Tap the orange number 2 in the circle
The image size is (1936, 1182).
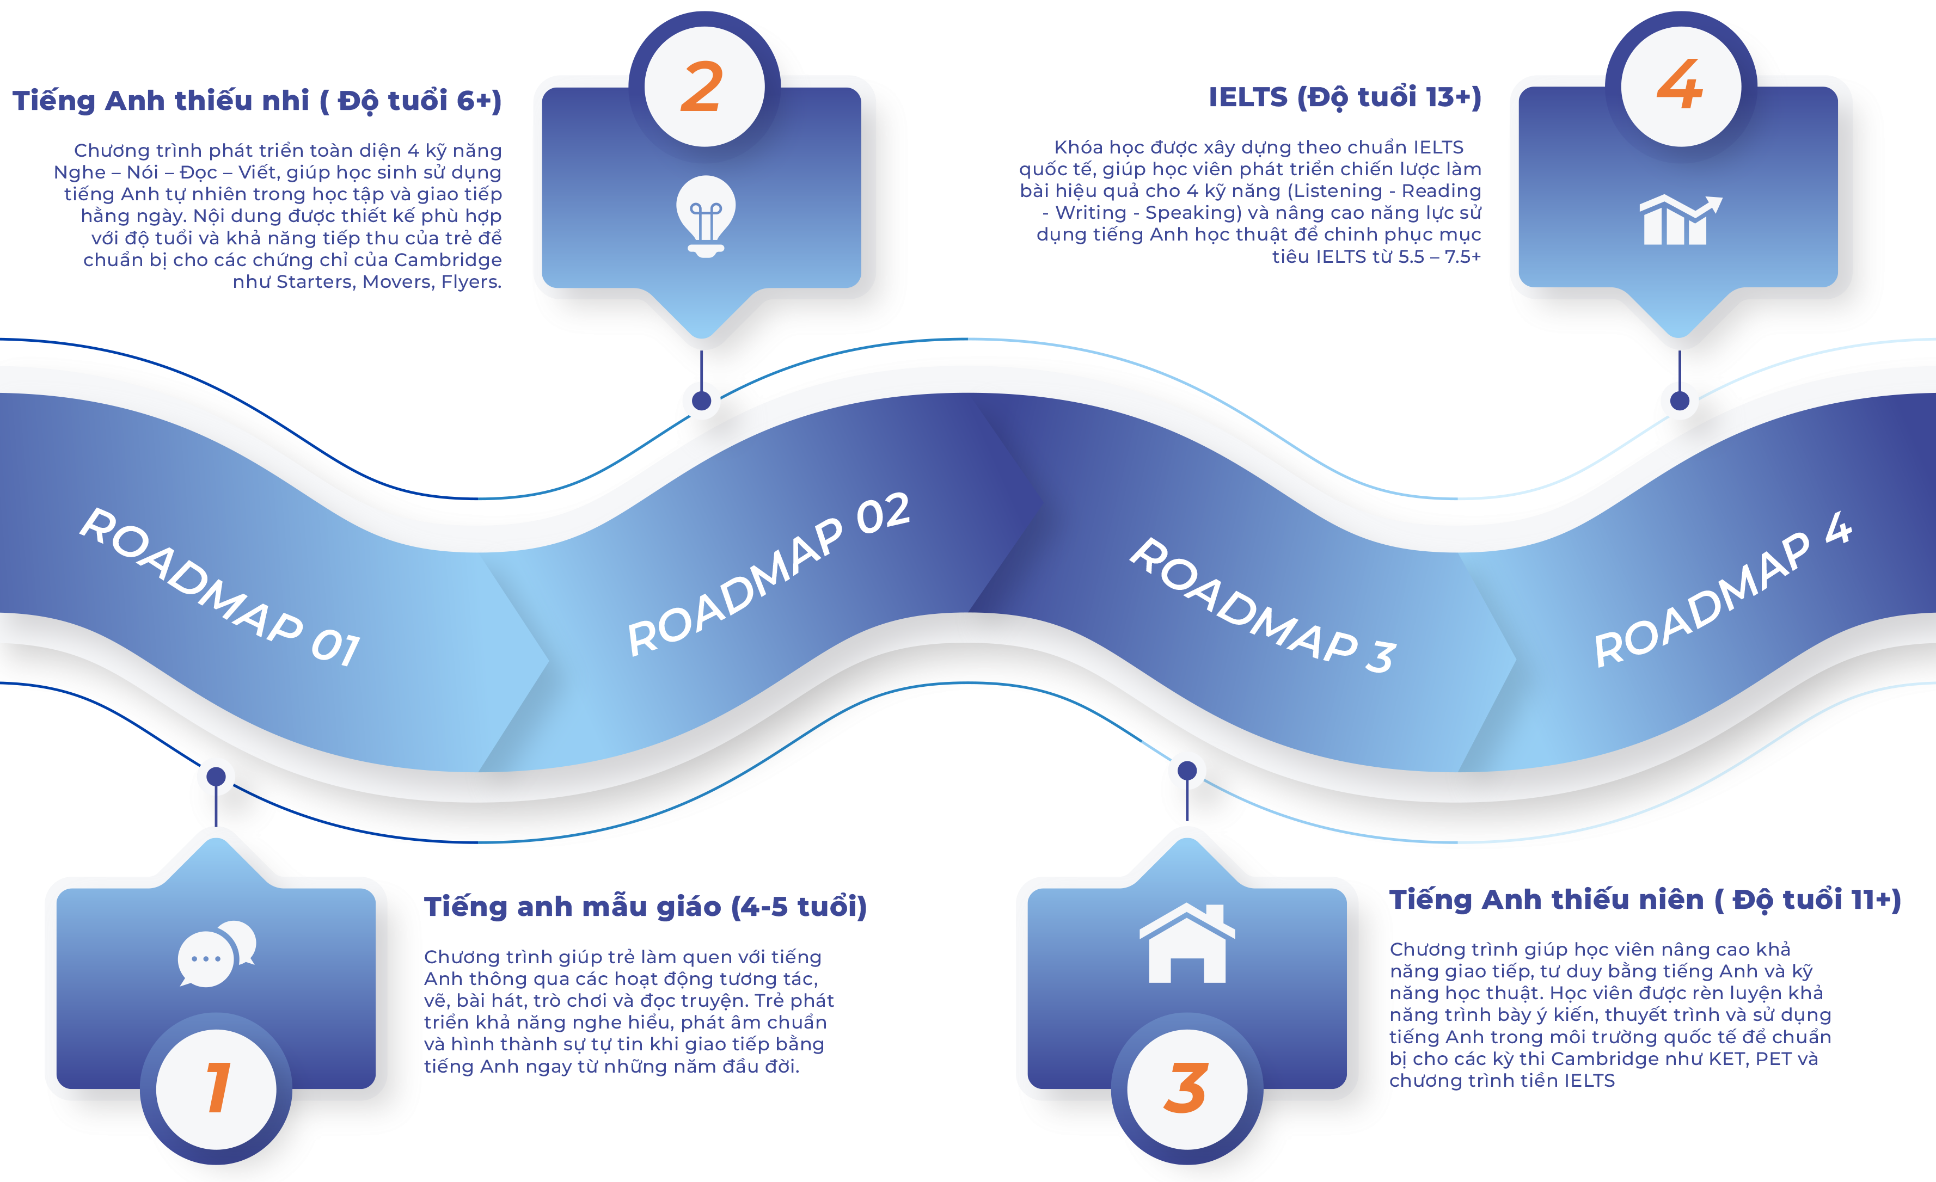click(702, 87)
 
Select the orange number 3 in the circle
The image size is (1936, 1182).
click(1186, 1088)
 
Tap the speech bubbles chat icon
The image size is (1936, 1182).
click(217, 953)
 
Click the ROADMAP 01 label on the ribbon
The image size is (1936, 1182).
click(220, 587)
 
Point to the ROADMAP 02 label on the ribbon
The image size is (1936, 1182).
click(768, 574)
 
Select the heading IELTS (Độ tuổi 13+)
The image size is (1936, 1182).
click(1344, 97)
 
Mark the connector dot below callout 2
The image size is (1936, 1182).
click(702, 401)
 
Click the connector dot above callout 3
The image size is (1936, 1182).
click(1187, 771)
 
